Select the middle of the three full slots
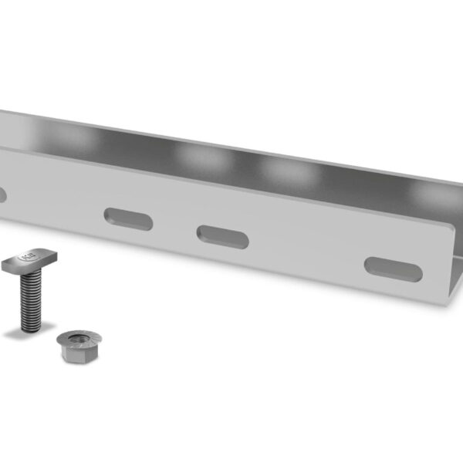pos(222,237)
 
